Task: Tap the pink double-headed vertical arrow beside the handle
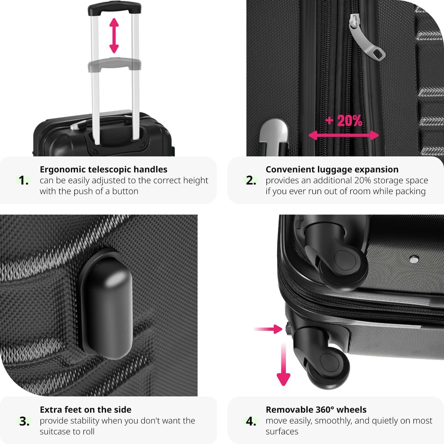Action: pos(114,36)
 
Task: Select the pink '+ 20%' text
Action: pos(344,121)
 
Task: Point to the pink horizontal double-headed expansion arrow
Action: pos(344,135)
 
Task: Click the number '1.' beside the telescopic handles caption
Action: pos(24,180)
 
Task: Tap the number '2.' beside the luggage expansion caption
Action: pos(251,180)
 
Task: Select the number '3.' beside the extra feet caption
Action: pos(24,421)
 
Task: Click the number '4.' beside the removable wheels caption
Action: pos(251,421)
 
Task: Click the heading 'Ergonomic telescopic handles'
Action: pos(103,169)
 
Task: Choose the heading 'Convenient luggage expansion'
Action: pos(332,169)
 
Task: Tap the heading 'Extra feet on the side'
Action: pos(86,409)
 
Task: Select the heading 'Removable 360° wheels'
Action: pos(316,409)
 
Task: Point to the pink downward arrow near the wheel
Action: pos(283,364)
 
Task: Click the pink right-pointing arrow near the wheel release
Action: pos(268,329)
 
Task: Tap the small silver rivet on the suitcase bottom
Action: pos(414,259)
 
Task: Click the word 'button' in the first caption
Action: pos(125,191)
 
